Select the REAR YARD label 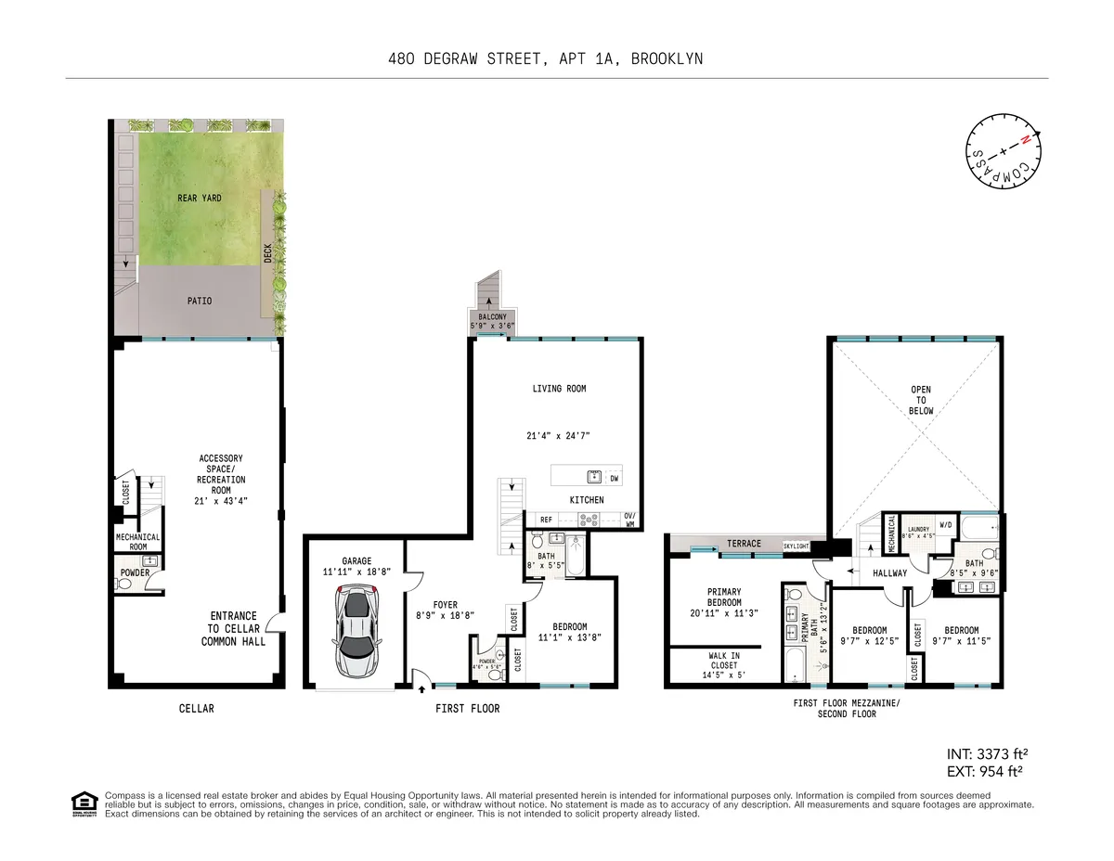200,199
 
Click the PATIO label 199,302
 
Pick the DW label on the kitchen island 614,479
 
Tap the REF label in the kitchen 546,520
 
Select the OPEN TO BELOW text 920,400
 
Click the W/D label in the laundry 945,525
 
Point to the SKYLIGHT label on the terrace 801,546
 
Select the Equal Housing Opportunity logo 84,804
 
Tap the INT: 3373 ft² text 985,752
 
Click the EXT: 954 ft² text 985,771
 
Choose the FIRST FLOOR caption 467,709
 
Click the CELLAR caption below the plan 196,709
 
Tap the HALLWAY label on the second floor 889,573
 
